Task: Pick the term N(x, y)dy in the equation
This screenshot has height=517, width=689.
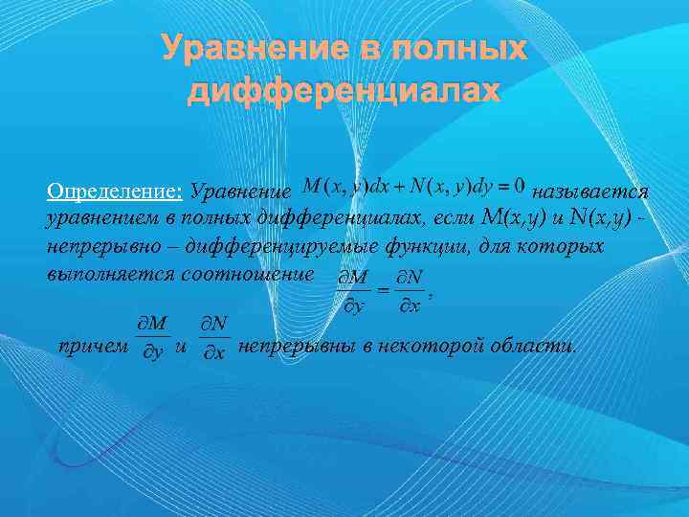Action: pos(442,183)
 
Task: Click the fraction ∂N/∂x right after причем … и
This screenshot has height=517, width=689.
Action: pos(215,339)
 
